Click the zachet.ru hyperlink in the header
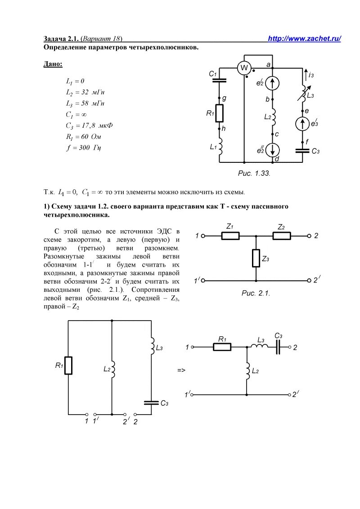tap(304, 39)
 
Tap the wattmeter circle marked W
tap(244, 68)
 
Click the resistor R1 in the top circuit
tap(220, 113)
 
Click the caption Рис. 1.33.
tap(254, 173)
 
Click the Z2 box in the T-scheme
tap(282, 236)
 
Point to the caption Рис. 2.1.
tap(255, 293)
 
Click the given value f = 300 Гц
tap(84, 147)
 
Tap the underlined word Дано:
tap(53, 64)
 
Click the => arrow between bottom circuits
tap(181, 371)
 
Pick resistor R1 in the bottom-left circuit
tap(68, 365)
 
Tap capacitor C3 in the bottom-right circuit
tap(278, 347)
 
